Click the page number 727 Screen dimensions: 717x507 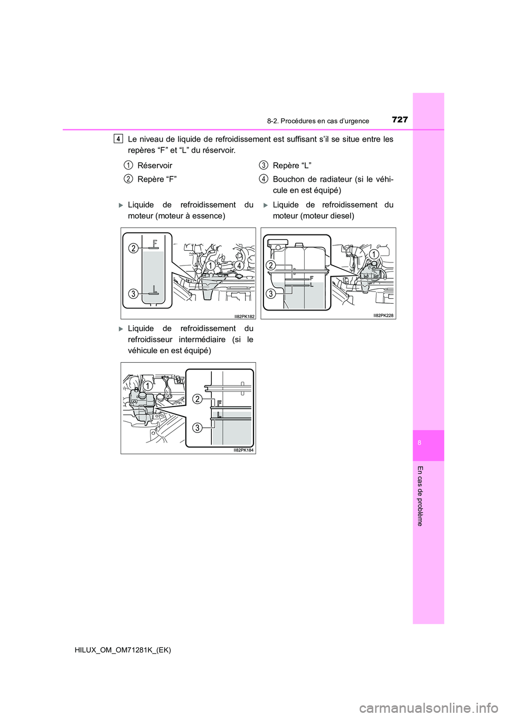point(400,120)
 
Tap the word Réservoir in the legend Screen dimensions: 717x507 point(155,165)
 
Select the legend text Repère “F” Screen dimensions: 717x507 point(157,179)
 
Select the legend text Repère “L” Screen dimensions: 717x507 point(292,165)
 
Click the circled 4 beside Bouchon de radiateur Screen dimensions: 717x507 point(263,179)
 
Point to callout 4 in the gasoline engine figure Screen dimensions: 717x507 point(239,266)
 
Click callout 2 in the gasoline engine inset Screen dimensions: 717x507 point(134,248)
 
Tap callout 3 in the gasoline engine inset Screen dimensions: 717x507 point(134,294)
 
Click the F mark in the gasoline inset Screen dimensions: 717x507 point(155,243)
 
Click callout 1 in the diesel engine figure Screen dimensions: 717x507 point(374,254)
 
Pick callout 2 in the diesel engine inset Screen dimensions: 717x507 point(270,266)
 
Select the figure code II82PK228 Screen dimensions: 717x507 point(383,315)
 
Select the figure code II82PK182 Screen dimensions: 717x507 point(245,316)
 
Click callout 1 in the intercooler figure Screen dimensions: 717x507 point(148,386)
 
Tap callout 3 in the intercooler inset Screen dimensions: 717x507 point(197,427)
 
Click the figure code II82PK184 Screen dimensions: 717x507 point(243,450)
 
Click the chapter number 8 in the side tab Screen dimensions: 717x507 point(419,443)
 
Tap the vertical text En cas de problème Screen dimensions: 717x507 point(420,496)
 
